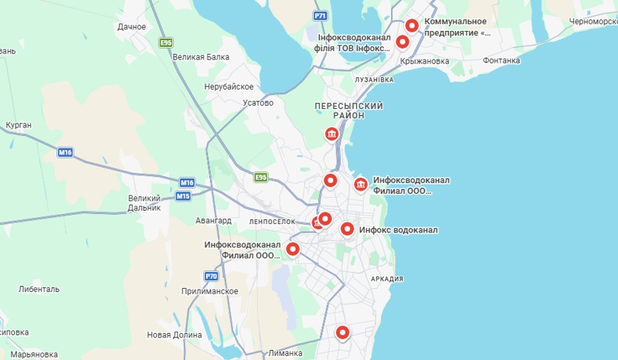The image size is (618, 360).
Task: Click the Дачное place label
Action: pyautogui.click(x=132, y=27)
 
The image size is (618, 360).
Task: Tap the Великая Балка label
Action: pyautogui.click(x=201, y=57)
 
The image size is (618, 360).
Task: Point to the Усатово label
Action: pyautogui.click(x=258, y=103)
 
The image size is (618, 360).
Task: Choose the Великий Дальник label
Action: pyautogui.click(x=144, y=203)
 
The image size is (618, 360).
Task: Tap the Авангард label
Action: pyautogui.click(x=213, y=221)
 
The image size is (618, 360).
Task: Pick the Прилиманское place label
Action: pyautogui.click(x=209, y=291)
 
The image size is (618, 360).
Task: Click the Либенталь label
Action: pyautogui.click(x=39, y=290)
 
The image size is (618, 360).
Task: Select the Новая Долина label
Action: pyautogui.click(x=174, y=335)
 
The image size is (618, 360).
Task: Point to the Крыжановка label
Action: pyautogui.click(x=425, y=62)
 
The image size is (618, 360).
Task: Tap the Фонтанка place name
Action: pyautogui.click(x=501, y=60)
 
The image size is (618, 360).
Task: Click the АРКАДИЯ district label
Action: pyautogui.click(x=387, y=279)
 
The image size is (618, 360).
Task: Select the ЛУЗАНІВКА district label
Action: pyautogui.click(x=374, y=80)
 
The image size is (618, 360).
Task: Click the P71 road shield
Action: pyautogui.click(x=321, y=15)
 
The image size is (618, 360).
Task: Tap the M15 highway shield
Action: pyautogui.click(x=183, y=195)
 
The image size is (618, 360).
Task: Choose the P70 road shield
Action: pyautogui.click(x=211, y=276)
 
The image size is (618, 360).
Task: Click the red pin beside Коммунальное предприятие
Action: pyautogui.click(x=412, y=25)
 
